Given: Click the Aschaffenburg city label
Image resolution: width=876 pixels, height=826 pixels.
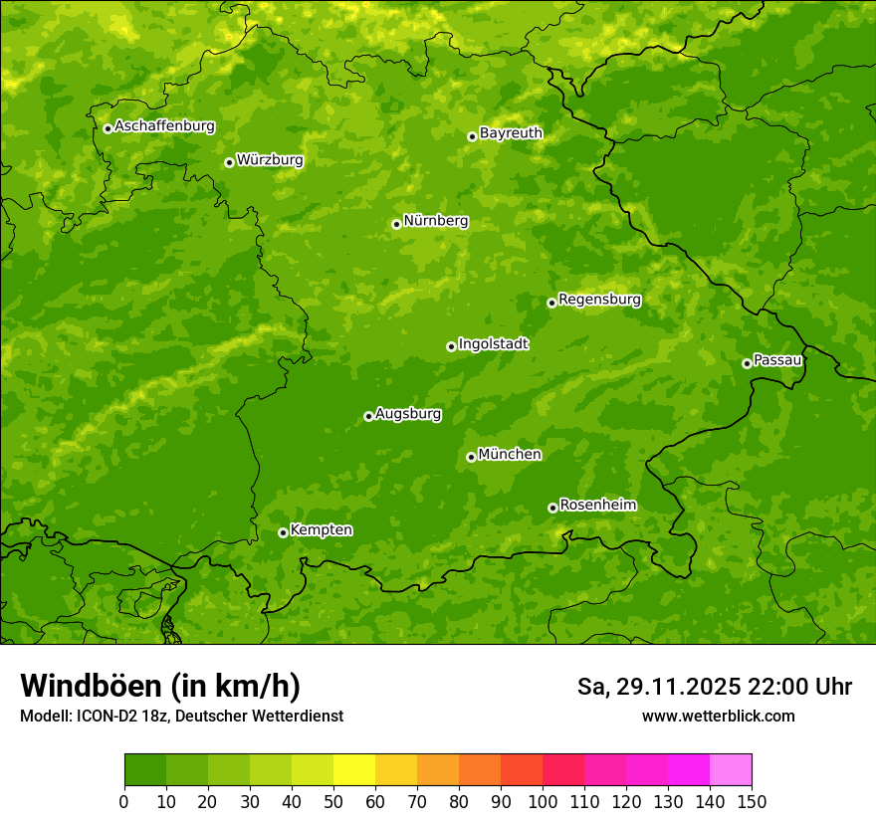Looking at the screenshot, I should tap(164, 126).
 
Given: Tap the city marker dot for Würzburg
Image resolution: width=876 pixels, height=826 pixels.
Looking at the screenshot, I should tap(229, 162).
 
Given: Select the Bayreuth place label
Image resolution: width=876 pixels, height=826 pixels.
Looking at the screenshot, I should tap(511, 133).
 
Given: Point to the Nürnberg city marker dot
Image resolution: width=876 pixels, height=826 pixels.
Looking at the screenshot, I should tap(396, 224).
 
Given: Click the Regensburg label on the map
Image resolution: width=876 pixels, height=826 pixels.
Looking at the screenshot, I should tap(599, 300).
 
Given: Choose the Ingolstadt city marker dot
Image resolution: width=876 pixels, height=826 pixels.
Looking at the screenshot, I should tap(451, 346).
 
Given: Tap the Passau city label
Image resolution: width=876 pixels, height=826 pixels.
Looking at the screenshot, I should tap(777, 360).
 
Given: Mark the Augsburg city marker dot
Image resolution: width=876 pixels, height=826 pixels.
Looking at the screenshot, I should tap(368, 416).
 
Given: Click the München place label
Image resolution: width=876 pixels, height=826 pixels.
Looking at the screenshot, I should tap(510, 455).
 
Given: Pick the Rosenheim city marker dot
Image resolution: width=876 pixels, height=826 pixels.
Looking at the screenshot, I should tap(552, 508).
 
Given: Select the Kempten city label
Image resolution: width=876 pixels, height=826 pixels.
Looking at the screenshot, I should tap(321, 530).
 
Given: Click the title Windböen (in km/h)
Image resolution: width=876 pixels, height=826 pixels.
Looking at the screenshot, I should tap(160, 686).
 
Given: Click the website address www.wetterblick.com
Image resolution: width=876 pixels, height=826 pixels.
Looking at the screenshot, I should tap(718, 717).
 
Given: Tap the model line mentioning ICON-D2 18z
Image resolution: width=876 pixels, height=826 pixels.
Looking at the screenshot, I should tap(181, 717).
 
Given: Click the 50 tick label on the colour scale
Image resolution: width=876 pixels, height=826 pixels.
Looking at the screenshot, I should tap(333, 801).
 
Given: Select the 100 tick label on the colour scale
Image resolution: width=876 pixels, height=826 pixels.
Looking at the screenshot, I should tap(543, 801).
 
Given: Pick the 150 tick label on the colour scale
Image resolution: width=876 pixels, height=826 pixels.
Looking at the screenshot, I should tap(752, 801).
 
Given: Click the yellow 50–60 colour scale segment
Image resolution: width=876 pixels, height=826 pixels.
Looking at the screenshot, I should tap(354, 770).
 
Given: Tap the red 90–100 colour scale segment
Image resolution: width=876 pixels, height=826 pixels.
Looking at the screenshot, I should tap(522, 770).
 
